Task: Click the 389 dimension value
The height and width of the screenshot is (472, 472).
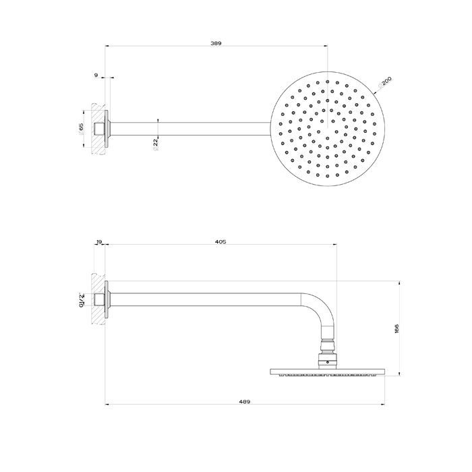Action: tap(216, 43)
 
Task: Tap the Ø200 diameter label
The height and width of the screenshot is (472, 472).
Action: tap(386, 84)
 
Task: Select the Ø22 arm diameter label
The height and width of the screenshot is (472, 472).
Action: tap(156, 142)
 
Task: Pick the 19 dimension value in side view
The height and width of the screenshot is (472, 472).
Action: tap(100, 241)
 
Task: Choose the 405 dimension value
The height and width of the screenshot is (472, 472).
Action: tap(220, 241)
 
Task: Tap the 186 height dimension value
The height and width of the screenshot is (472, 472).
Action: tap(396, 329)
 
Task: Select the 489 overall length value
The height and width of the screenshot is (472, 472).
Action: tap(244, 402)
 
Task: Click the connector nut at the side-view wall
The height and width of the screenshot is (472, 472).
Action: tap(101, 298)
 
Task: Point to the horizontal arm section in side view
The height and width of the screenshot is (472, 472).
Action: tap(202, 298)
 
